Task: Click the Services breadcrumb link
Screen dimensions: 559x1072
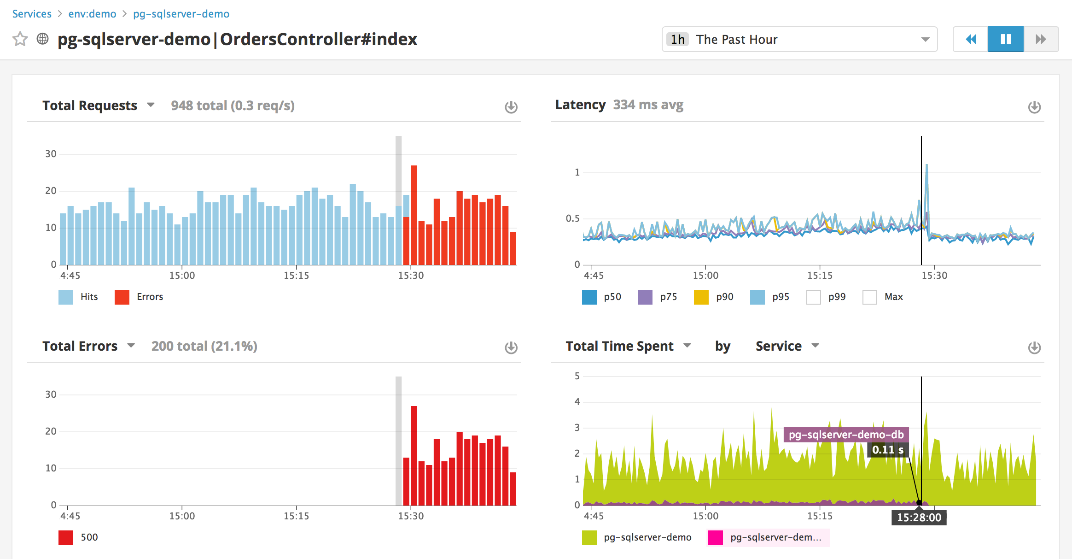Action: coord(32,14)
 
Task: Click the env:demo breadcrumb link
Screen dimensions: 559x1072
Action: coord(92,14)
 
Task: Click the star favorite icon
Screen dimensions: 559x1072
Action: coord(20,39)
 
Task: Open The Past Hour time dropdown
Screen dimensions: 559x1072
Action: coord(799,40)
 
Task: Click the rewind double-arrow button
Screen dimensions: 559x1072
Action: coord(971,40)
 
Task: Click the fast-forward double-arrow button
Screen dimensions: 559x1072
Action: coord(1041,40)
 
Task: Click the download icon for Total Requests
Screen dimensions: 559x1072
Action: coord(511,107)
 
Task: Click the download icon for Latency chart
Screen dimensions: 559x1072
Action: coord(1034,107)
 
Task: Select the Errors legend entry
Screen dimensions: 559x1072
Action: coord(139,297)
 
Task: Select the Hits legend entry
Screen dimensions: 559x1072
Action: coord(79,297)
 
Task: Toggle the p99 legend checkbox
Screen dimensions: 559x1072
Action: coord(814,297)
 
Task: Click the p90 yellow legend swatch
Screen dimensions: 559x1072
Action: coord(701,297)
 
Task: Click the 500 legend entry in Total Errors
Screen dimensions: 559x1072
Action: coord(79,537)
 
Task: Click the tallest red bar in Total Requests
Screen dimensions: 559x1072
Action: coord(414,215)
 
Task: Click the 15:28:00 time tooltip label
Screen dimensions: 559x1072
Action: coord(919,518)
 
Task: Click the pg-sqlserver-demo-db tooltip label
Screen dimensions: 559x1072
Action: coord(846,435)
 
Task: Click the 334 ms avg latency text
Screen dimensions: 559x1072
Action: coord(648,105)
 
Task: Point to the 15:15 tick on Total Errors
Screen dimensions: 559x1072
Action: coord(296,516)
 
